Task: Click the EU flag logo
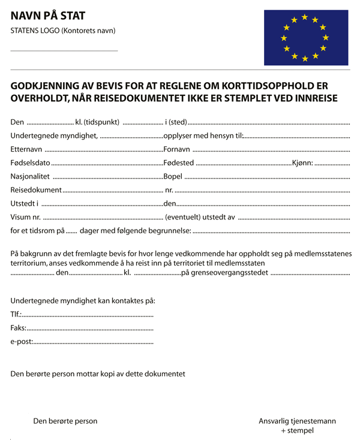click(x=306, y=38)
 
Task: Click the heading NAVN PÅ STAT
click(x=48, y=16)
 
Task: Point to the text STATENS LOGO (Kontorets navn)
click(x=63, y=31)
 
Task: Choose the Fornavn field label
click(x=177, y=149)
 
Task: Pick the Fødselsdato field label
click(x=31, y=163)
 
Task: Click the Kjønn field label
click(x=302, y=163)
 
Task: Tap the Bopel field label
click(x=173, y=177)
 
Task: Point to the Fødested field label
click(x=179, y=163)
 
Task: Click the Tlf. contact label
click(x=16, y=314)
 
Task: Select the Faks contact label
click(x=19, y=328)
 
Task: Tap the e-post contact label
click(x=22, y=342)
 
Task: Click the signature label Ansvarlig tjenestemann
click(x=297, y=421)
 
